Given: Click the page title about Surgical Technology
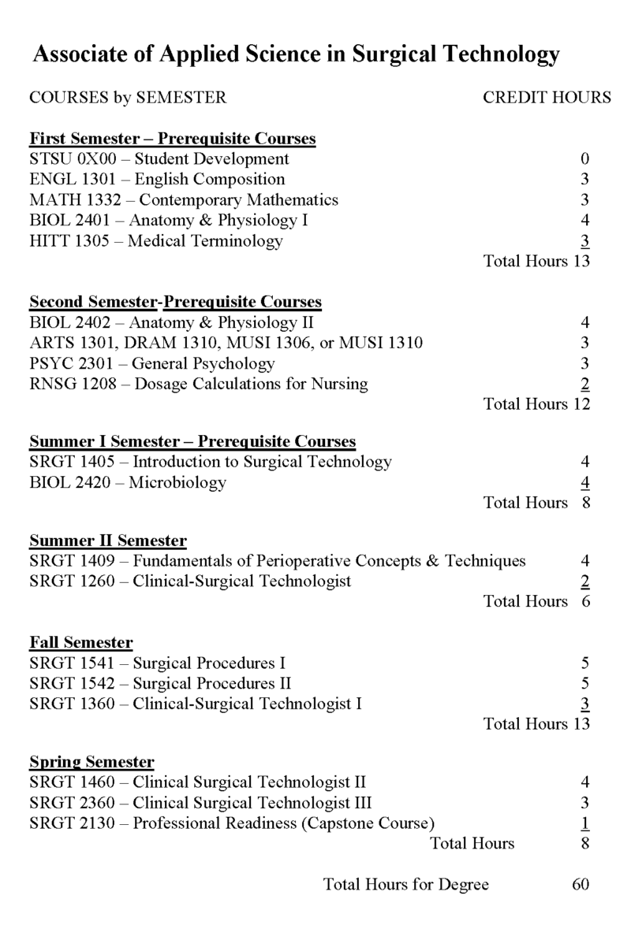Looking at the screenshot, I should [296, 54].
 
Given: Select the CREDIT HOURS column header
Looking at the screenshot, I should [547, 98].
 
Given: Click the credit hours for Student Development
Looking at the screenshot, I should [584, 159].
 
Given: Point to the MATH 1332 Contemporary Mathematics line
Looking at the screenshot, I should [183, 200].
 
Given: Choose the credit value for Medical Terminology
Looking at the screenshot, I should [584, 241].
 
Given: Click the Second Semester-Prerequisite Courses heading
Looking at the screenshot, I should [175, 302].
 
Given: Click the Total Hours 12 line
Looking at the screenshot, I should [536, 404].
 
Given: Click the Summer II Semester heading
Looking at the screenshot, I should [108, 541].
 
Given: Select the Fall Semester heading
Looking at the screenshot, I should [80, 642].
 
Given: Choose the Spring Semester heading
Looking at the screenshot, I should [91, 762].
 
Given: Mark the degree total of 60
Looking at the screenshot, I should [581, 884].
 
